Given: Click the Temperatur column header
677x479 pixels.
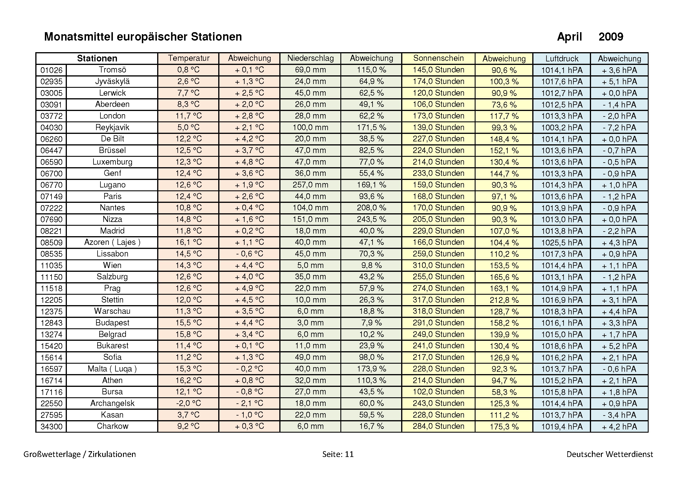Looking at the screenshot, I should click(x=188, y=58).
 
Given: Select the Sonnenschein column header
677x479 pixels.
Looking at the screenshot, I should click(x=438, y=58).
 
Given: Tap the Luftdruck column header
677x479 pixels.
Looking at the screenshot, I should click(x=562, y=59).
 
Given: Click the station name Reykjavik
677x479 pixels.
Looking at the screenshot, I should click(x=112, y=128).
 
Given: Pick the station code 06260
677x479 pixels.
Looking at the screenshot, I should click(x=51, y=139).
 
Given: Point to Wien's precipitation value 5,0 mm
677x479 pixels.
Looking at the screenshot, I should click(x=310, y=265).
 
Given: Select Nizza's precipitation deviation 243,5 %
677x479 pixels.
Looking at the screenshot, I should click(x=371, y=219).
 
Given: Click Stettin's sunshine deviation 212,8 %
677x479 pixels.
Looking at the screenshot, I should click(x=504, y=300).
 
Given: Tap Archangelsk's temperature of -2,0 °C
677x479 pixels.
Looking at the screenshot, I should click(x=188, y=403).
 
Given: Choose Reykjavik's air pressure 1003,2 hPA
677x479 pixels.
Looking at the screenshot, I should click(x=562, y=128).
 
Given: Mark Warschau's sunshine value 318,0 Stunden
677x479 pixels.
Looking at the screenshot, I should click(x=438, y=311).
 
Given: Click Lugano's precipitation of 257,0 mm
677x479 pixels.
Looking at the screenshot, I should click(x=310, y=185).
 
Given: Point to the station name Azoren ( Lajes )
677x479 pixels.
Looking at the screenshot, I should click(x=112, y=242).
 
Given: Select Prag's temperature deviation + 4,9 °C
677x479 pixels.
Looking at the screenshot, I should click(x=249, y=288).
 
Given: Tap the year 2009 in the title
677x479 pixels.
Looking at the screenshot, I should click(x=611, y=37).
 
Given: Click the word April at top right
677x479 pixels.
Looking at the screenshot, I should click(x=569, y=37).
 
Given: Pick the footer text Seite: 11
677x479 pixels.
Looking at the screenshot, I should click(x=337, y=454).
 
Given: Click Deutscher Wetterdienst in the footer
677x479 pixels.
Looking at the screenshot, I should click(x=610, y=454).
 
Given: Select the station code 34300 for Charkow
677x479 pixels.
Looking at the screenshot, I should click(x=51, y=427).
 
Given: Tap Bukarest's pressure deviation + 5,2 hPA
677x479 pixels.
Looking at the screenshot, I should click(x=619, y=346).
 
